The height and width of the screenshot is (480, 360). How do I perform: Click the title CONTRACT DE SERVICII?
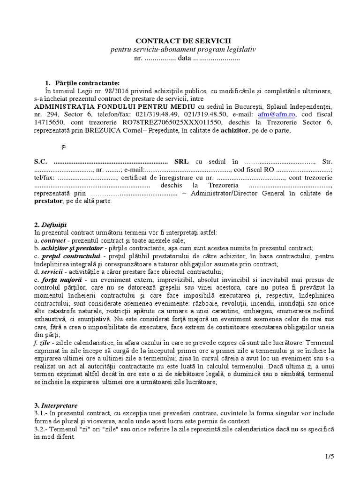(187, 41)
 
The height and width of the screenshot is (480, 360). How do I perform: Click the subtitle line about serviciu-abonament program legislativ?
(187, 50)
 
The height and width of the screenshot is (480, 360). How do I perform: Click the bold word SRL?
(181, 161)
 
